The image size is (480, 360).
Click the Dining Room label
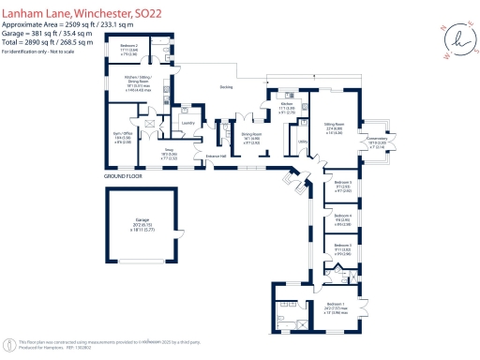pos(250,133)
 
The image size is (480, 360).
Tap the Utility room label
pos(303,142)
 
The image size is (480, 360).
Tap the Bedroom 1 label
pos(335,304)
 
